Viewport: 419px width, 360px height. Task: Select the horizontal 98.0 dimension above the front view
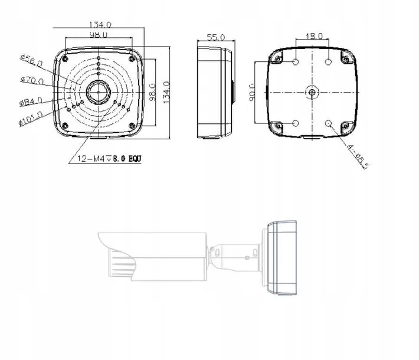[97, 35]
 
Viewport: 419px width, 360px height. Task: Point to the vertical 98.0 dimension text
[152, 91]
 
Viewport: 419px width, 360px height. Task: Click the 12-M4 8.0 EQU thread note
[106, 159]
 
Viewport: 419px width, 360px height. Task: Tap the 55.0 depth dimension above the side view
[217, 37]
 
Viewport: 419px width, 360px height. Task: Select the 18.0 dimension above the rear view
[313, 36]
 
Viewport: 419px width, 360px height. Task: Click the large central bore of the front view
[97, 91]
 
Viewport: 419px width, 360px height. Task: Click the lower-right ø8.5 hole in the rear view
[329, 123]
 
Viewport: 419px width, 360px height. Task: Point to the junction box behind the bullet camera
[281, 258]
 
